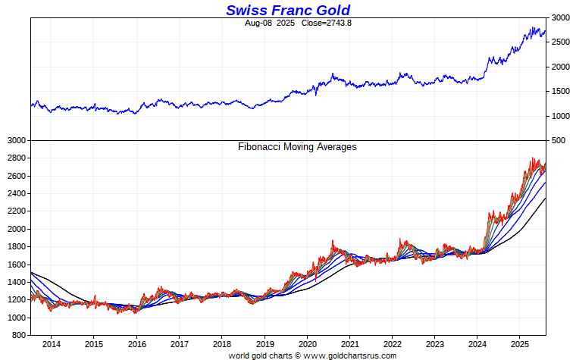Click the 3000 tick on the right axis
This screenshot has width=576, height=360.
[x=560, y=17]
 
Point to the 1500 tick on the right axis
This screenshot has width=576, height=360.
[x=560, y=92]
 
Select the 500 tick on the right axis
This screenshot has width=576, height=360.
[x=558, y=141]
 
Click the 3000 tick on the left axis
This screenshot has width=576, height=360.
[x=17, y=141]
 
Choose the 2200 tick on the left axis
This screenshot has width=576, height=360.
[x=17, y=211]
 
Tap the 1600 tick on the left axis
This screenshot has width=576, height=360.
[x=17, y=265]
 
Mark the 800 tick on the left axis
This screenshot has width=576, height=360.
[x=19, y=335]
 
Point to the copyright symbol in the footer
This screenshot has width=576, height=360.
[x=297, y=355]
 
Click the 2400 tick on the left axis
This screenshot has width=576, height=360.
[x=17, y=194]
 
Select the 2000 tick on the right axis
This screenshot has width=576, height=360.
[x=560, y=67]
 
